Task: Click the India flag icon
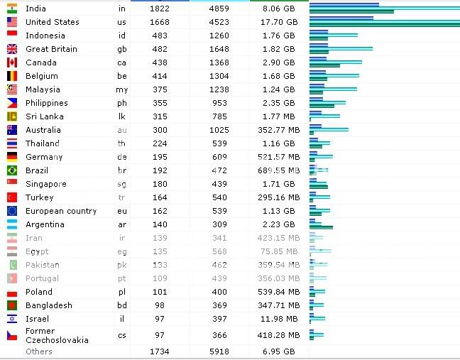(12, 9)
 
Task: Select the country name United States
(52, 22)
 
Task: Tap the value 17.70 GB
(278, 22)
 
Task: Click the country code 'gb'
(122, 49)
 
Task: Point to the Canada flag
(12, 62)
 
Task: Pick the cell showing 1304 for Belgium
(218, 76)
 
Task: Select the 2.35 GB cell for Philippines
(278, 103)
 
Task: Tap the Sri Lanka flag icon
(12, 116)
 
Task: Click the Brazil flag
(12, 170)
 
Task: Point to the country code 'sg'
(122, 184)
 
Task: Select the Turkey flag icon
(12, 197)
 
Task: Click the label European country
(60, 211)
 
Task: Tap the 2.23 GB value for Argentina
(278, 224)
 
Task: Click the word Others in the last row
(38, 351)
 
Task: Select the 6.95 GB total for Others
(278, 351)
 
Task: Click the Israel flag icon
(12, 319)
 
